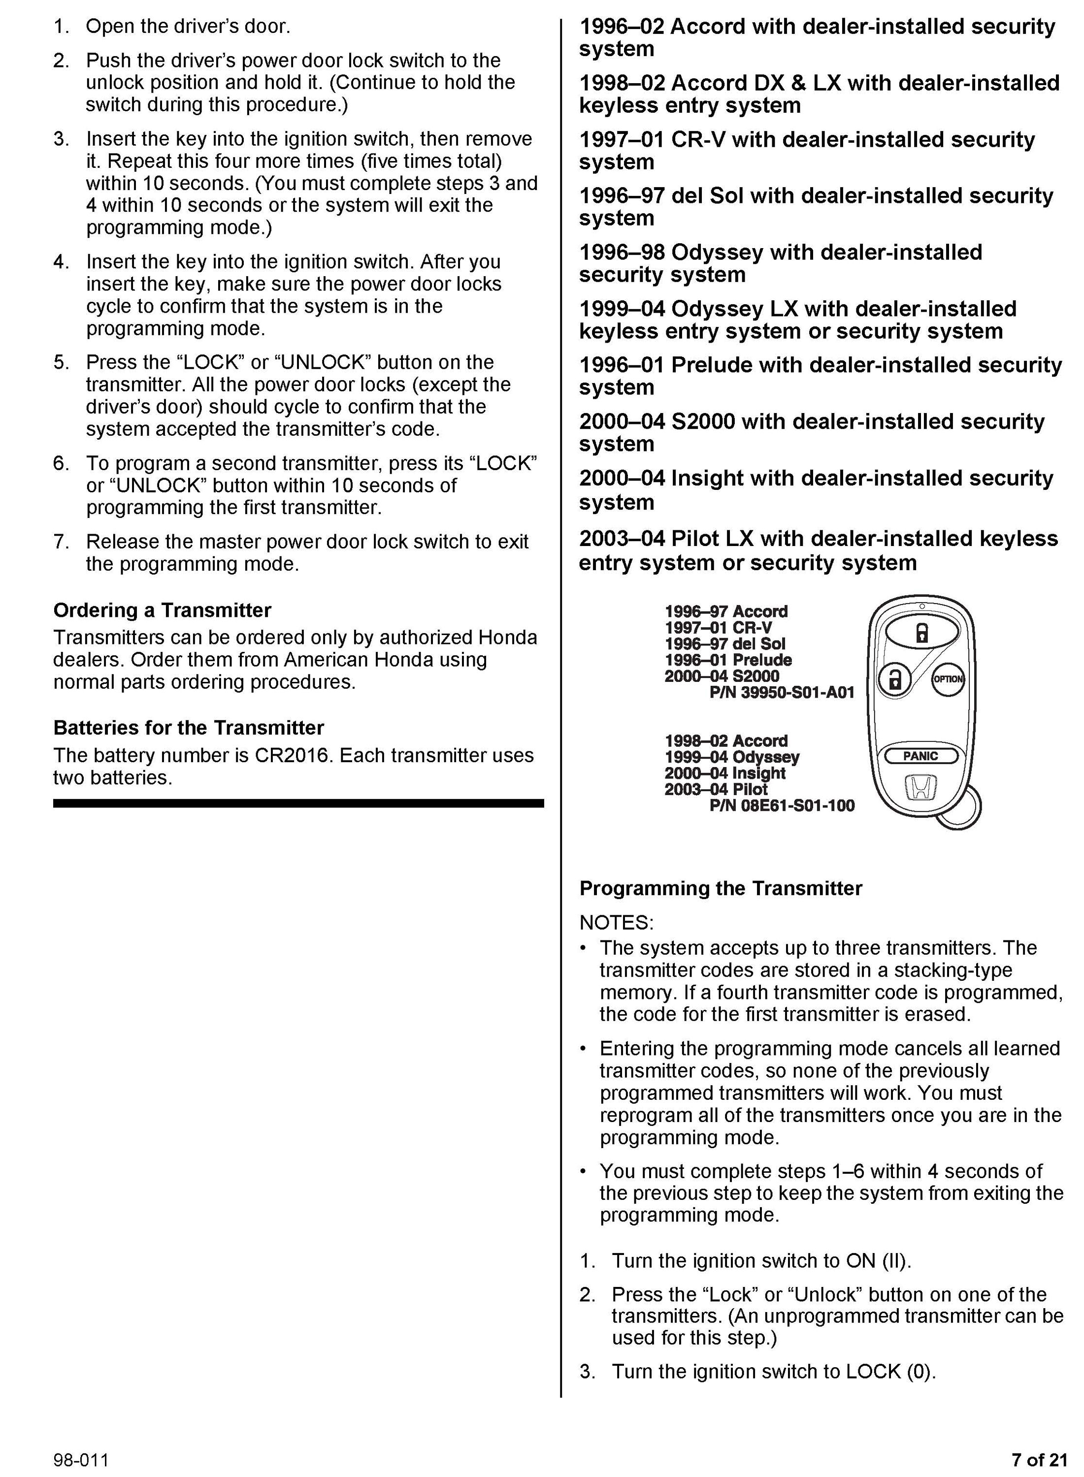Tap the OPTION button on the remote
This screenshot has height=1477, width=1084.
point(948,679)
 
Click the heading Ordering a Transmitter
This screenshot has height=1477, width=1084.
point(162,610)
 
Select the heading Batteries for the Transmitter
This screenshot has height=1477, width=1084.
point(188,728)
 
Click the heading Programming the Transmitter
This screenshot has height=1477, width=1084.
point(721,889)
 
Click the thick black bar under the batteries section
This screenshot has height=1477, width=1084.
point(298,803)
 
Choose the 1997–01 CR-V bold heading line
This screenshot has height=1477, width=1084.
point(806,140)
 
